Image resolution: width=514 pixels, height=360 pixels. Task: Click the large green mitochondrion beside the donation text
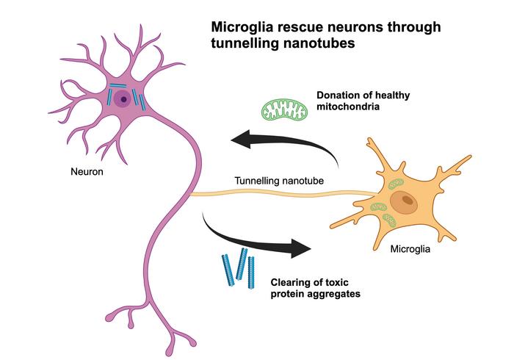tap(283, 110)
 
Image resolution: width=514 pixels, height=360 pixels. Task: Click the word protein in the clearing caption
tap(288, 293)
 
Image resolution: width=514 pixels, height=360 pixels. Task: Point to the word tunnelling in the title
tap(242, 44)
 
